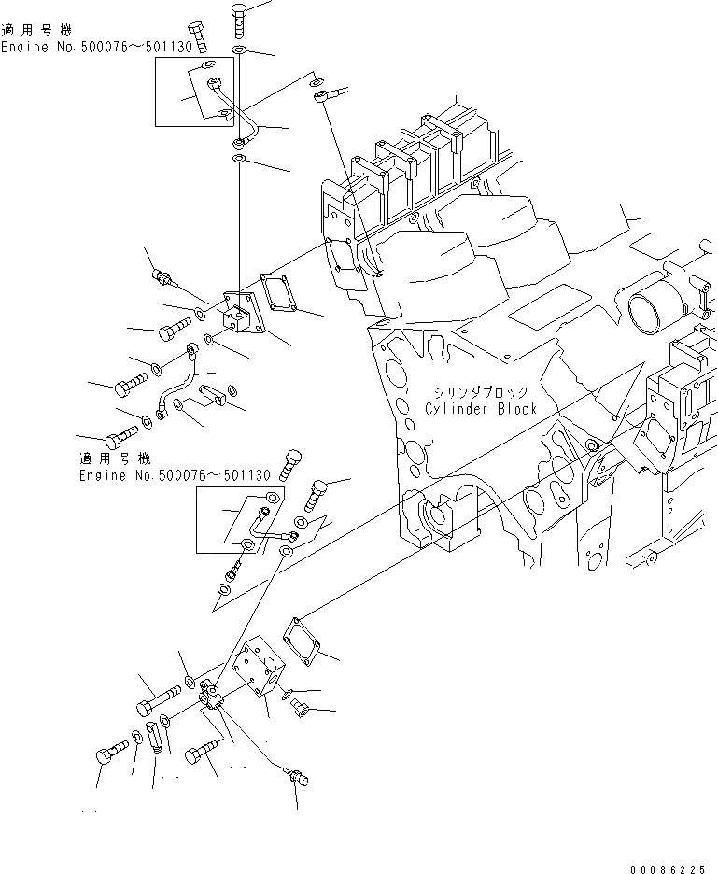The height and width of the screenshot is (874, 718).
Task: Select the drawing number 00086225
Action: click(667, 868)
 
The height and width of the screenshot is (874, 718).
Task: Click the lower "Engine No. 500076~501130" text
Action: click(174, 475)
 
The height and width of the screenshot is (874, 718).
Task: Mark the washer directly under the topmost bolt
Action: click(238, 48)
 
